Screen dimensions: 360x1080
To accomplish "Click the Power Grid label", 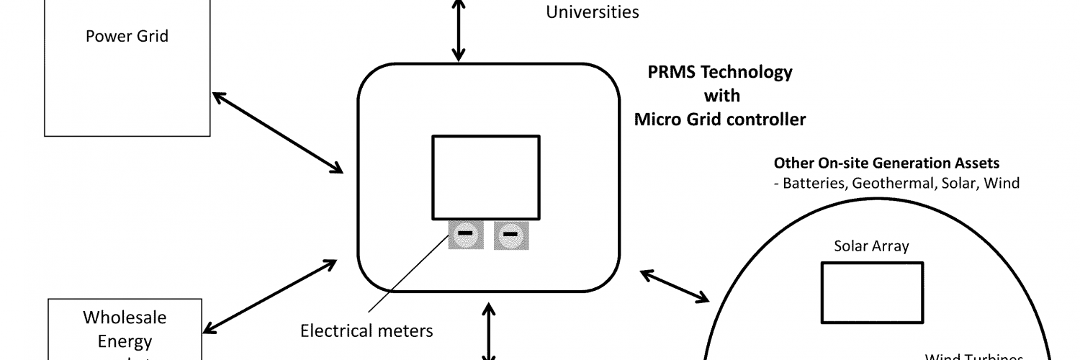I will point(127,36).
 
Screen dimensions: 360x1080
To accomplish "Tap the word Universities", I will point(593,12).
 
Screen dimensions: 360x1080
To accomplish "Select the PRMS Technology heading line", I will point(720,72).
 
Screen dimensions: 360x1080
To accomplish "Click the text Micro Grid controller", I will point(720,120).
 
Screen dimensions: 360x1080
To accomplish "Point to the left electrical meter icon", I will point(466,234).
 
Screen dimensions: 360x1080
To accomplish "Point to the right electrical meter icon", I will point(511,234).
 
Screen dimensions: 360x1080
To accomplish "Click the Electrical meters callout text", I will point(366,330).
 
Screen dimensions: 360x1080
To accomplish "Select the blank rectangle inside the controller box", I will point(485,177).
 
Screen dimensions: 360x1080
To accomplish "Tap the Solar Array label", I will point(871,246).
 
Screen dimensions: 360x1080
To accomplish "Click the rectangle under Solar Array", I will point(872,292).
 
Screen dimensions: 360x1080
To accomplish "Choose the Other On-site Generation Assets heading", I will point(886,163).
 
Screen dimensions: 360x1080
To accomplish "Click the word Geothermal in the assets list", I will point(894,183).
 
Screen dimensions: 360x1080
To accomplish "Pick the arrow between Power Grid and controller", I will point(277,132).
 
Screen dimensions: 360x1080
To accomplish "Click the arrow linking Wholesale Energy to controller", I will point(269,295).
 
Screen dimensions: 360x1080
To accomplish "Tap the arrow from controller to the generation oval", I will point(674,286).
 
